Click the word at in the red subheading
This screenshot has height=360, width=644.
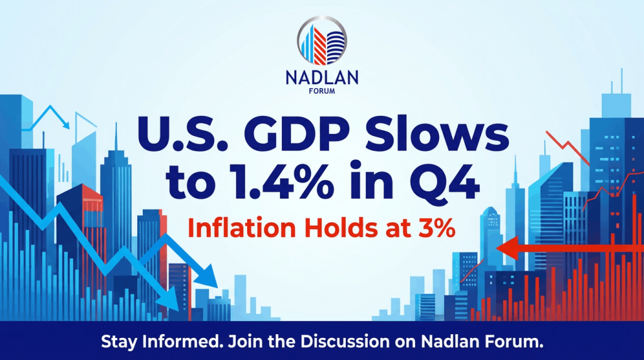(397, 229)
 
